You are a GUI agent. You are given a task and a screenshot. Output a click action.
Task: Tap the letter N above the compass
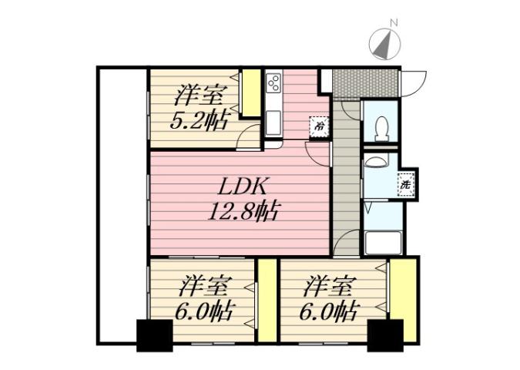[x=393, y=23]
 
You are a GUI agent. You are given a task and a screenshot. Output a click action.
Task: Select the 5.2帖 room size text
[x=199, y=122]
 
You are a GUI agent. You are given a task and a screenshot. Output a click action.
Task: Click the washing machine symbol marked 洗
[x=405, y=185]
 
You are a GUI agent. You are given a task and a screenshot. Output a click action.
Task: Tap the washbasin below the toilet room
[x=377, y=162]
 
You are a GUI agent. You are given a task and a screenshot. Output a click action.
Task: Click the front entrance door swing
[x=414, y=81]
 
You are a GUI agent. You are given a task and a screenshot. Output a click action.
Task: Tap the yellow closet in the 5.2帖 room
[x=251, y=94]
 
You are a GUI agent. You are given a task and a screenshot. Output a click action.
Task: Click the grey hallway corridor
[x=346, y=185]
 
